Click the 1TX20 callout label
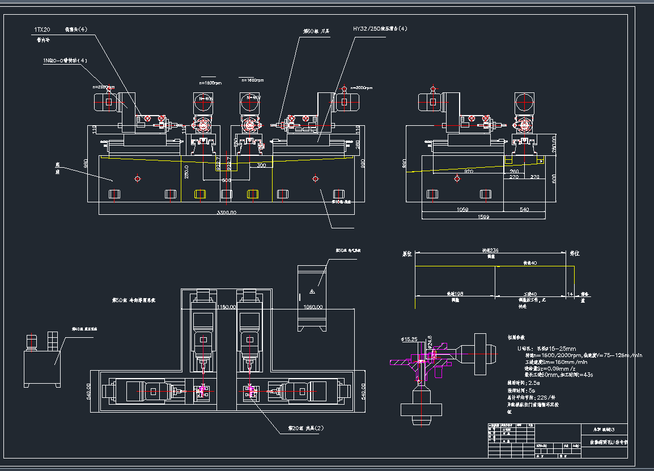43,28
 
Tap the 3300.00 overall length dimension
226,213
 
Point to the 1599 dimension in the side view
483,217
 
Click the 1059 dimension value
462,210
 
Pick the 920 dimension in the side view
468,171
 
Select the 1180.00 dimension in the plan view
227,307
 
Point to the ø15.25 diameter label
409,339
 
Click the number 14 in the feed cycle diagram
570,294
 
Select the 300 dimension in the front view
261,166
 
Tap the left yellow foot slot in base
200,194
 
